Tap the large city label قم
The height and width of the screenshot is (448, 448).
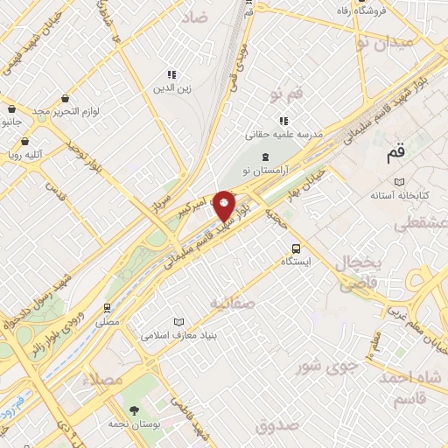tap(395, 154)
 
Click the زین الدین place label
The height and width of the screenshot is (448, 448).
tap(172, 87)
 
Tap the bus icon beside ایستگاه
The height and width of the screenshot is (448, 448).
tap(296, 248)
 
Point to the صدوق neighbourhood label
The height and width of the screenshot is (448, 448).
tap(279, 425)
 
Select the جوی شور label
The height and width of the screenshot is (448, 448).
tap(325, 365)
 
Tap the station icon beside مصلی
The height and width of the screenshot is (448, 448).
tap(107, 307)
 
